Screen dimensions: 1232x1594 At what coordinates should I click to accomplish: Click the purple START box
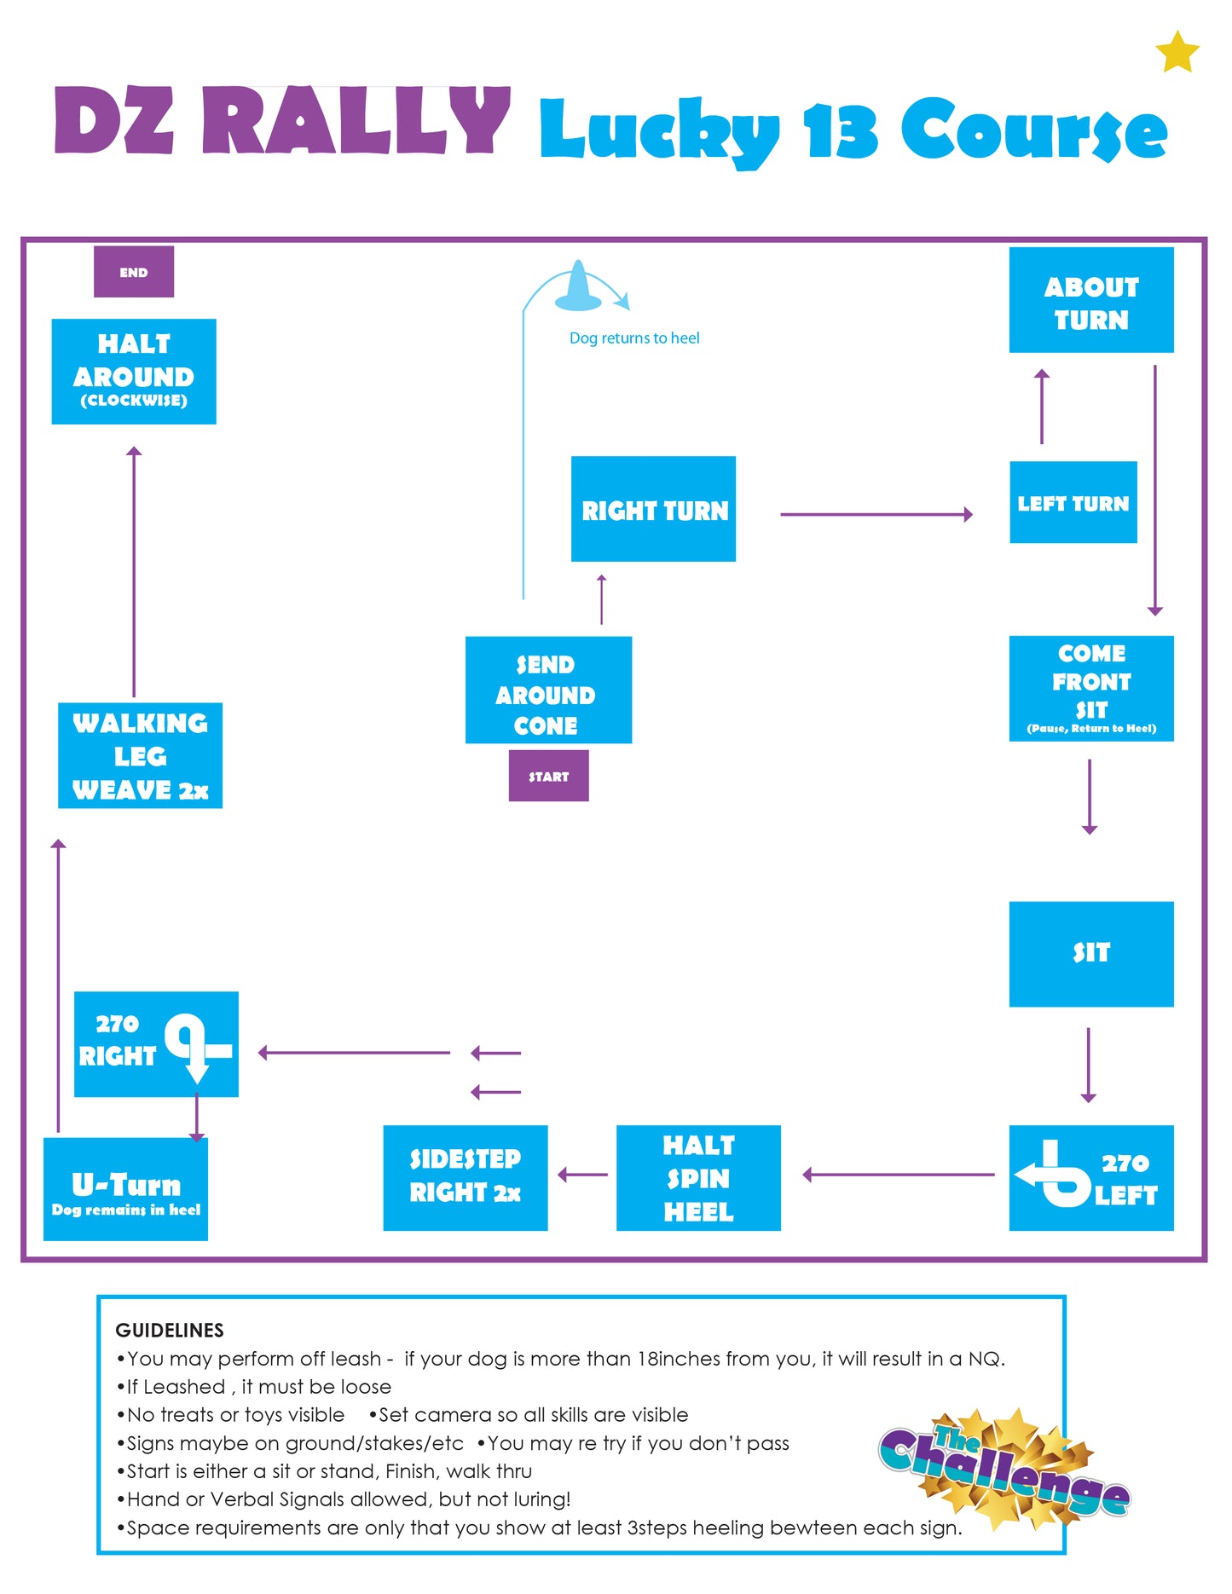pyautogui.click(x=548, y=776)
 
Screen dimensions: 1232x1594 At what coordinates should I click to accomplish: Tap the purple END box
pyautogui.click(x=134, y=272)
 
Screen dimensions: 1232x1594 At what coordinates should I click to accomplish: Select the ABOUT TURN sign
pyautogui.click(x=1091, y=300)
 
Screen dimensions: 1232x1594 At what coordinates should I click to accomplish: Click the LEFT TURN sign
pyautogui.click(x=1073, y=502)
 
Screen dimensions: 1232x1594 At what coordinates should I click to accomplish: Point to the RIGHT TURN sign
pyautogui.click(x=653, y=509)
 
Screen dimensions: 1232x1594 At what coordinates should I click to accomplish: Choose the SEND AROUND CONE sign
pyautogui.click(x=548, y=690)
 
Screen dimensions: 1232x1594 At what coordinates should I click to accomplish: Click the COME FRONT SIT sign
pyautogui.click(x=1091, y=689)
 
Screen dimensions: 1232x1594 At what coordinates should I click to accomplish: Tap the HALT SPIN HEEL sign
pyautogui.click(x=698, y=1178)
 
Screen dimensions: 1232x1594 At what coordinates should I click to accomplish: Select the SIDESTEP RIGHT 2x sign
pyautogui.click(x=466, y=1178)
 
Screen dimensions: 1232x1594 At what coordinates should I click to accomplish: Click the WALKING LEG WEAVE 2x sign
pyautogui.click(x=140, y=755)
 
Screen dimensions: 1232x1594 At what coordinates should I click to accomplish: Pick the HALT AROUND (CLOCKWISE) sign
pyautogui.click(x=134, y=372)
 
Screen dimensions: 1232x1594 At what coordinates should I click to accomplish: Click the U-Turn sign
pyautogui.click(x=125, y=1189)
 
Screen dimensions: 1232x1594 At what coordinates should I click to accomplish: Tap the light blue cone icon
pyautogui.click(x=578, y=287)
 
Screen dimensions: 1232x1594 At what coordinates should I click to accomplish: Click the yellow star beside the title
pyautogui.click(x=1177, y=52)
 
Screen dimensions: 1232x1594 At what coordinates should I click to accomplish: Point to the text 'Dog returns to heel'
pyautogui.click(x=634, y=338)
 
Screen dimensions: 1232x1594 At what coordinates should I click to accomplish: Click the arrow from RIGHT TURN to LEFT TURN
pyautogui.click(x=876, y=514)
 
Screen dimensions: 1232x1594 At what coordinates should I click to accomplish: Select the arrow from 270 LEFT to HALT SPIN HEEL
pyautogui.click(x=899, y=1175)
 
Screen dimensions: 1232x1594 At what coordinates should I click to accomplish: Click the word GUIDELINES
pyautogui.click(x=170, y=1330)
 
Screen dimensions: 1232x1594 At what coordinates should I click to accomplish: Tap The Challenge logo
pyautogui.click(x=1004, y=1468)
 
